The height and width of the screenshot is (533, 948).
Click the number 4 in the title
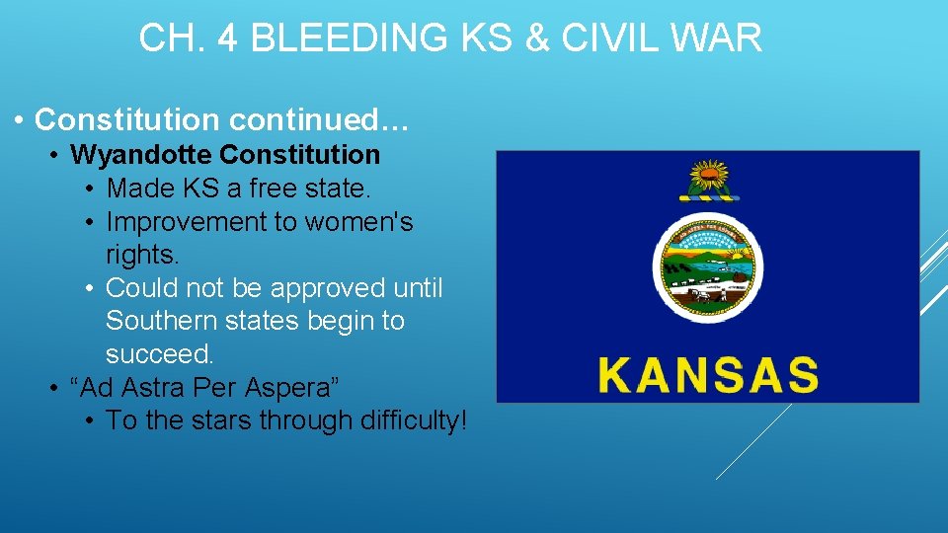click(x=223, y=38)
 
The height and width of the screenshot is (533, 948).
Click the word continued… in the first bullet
click(x=318, y=120)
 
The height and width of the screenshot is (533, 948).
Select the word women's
click(x=359, y=222)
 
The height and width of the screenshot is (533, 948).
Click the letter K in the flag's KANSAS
click(x=616, y=375)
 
